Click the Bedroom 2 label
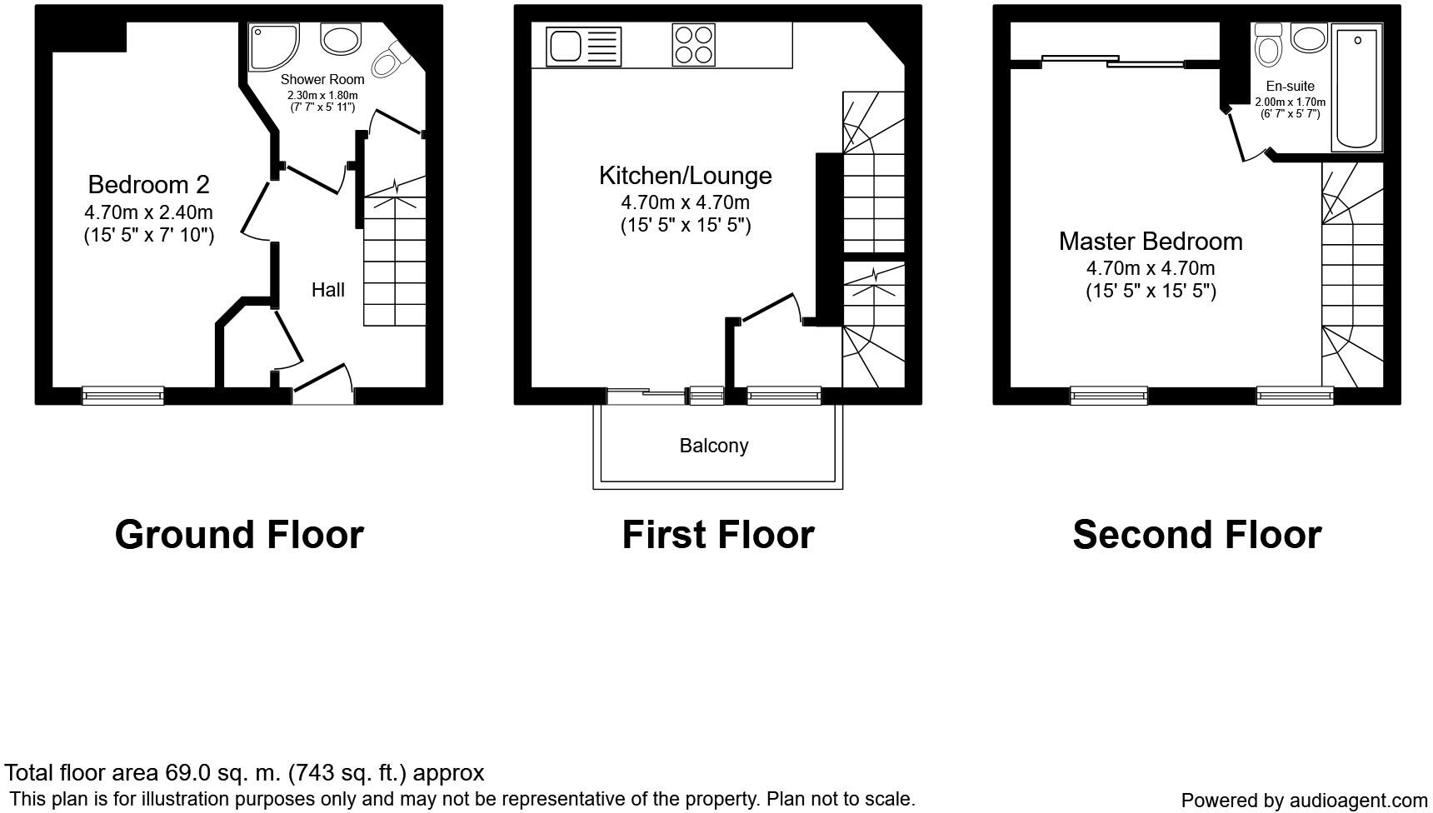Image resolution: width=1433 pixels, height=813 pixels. pyautogui.click(x=148, y=184)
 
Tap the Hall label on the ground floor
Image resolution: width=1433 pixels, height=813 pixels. pyautogui.click(x=327, y=290)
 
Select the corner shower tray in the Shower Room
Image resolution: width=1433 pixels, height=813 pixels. pyautogui.click(x=272, y=45)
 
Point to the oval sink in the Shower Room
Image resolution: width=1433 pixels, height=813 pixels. pyautogui.click(x=340, y=38)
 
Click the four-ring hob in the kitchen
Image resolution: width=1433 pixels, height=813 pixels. pyautogui.click(x=693, y=44)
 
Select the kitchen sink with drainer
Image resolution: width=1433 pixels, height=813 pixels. pyautogui.click(x=583, y=46)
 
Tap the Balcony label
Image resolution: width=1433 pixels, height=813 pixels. pyautogui.click(x=714, y=446)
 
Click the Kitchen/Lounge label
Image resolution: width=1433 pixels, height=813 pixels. pyautogui.click(x=685, y=176)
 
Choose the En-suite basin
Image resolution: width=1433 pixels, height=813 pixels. pyautogui.click(x=1308, y=38)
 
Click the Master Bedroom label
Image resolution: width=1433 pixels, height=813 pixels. pyautogui.click(x=1150, y=242)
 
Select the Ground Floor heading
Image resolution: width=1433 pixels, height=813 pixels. pyautogui.click(x=239, y=535)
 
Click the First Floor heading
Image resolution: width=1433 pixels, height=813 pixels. pyautogui.click(x=717, y=535)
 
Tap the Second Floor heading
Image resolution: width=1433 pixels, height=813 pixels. pyautogui.click(x=1196, y=535)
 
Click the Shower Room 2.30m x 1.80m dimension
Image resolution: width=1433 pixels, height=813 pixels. pyautogui.click(x=322, y=96)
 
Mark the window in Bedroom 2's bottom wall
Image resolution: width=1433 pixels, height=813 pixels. pyautogui.click(x=122, y=396)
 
